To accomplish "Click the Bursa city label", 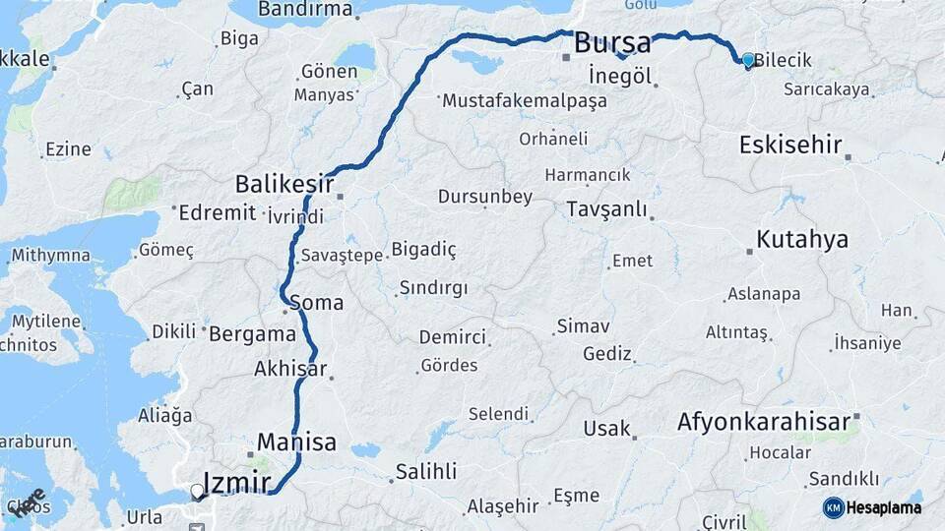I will [x=611, y=43].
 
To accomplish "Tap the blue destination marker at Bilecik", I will [x=748, y=60].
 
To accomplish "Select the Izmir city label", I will [x=235, y=483].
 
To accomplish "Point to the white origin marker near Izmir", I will [x=197, y=490].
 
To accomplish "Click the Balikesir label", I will [x=284, y=184].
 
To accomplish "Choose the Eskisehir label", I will [x=790, y=145].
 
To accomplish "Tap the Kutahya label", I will [x=802, y=239].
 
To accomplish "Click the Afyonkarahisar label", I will [x=763, y=422].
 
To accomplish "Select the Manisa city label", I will [x=296, y=441].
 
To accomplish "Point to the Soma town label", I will [x=317, y=302].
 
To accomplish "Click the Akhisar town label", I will [x=289, y=369].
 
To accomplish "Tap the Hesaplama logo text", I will [x=884, y=507].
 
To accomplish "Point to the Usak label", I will [x=606, y=429].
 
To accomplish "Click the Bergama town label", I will [x=252, y=333].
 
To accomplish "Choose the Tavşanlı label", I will [x=606, y=208].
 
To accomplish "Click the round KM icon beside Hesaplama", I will [x=833, y=507].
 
